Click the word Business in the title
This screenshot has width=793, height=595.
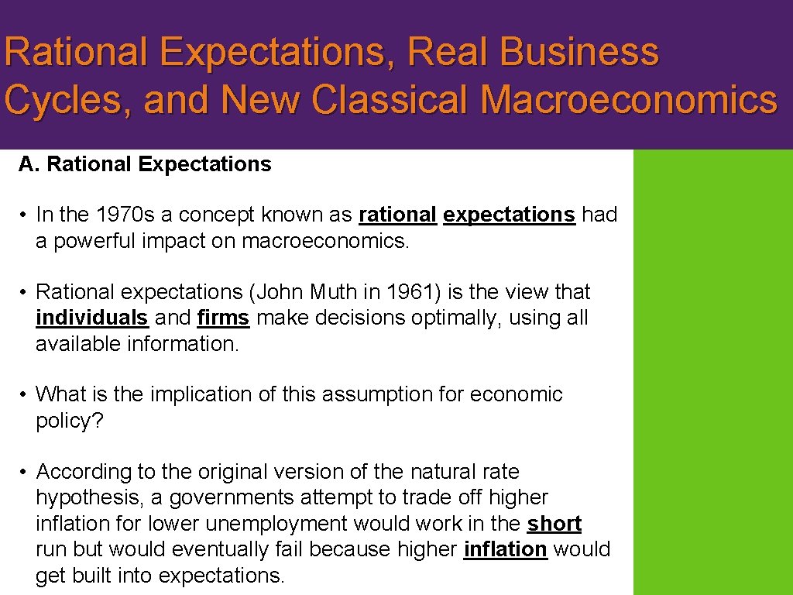click(579, 53)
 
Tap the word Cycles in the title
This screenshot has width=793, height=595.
click(63, 100)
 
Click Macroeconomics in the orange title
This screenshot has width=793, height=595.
click(628, 100)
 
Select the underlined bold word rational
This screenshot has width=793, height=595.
click(397, 215)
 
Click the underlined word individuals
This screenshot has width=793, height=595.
click(91, 318)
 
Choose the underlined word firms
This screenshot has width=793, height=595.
click(223, 318)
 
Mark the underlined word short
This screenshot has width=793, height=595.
click(554, 524)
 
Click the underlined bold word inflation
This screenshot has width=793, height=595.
click(505, 549)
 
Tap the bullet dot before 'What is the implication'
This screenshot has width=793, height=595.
click(25, 395)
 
